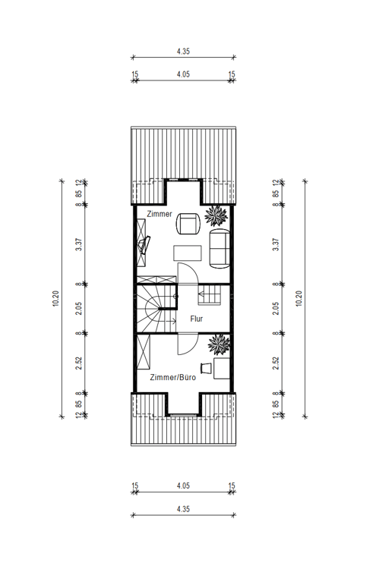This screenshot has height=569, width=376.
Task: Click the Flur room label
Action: [197, 319]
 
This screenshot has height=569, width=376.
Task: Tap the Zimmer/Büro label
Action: [173, 377]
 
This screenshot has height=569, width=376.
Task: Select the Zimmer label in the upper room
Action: [160, 214]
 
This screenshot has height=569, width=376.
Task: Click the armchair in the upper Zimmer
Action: [188, 224]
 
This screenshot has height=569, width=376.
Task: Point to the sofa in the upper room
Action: [220, 249]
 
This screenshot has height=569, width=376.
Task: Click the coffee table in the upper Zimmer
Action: [188, 253]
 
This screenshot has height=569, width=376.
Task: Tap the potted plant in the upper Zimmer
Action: [216, 215]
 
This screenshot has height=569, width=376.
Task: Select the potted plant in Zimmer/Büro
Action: [219, 344]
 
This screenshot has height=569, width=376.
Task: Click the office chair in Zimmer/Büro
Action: [206, 368]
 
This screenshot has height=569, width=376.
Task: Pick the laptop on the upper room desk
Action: [144, 245]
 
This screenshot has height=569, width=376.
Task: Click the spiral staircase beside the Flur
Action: [156, 309]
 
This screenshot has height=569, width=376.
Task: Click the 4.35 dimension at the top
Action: [184, 51]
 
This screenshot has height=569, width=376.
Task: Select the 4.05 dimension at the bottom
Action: [184, 486]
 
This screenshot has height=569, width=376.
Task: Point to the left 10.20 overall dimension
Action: [55, 298]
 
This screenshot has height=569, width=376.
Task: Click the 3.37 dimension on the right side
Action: [276, 244]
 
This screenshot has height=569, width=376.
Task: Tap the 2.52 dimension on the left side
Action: [78, 363]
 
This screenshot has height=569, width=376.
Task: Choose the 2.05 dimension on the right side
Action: [276, 309]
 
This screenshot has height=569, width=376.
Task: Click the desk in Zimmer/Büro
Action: [222, 368]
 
